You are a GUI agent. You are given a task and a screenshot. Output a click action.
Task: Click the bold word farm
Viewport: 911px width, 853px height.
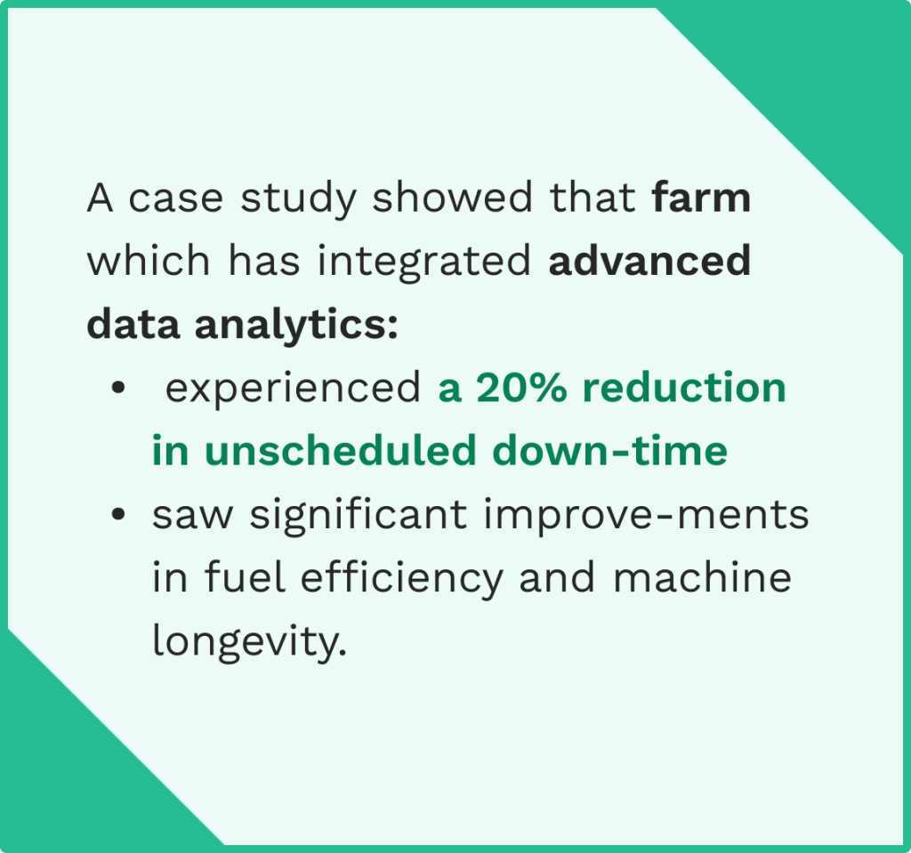(701, 197)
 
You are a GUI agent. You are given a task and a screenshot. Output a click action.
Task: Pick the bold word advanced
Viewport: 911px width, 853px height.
(649, 262)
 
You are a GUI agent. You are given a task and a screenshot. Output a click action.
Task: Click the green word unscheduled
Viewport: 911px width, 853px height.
(339, 451)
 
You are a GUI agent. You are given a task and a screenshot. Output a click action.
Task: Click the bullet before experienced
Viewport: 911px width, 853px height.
(117, 390)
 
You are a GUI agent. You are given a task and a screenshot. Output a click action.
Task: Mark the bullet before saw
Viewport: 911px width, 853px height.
(117, 516)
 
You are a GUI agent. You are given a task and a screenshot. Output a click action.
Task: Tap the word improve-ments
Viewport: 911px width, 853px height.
(647, 516)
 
